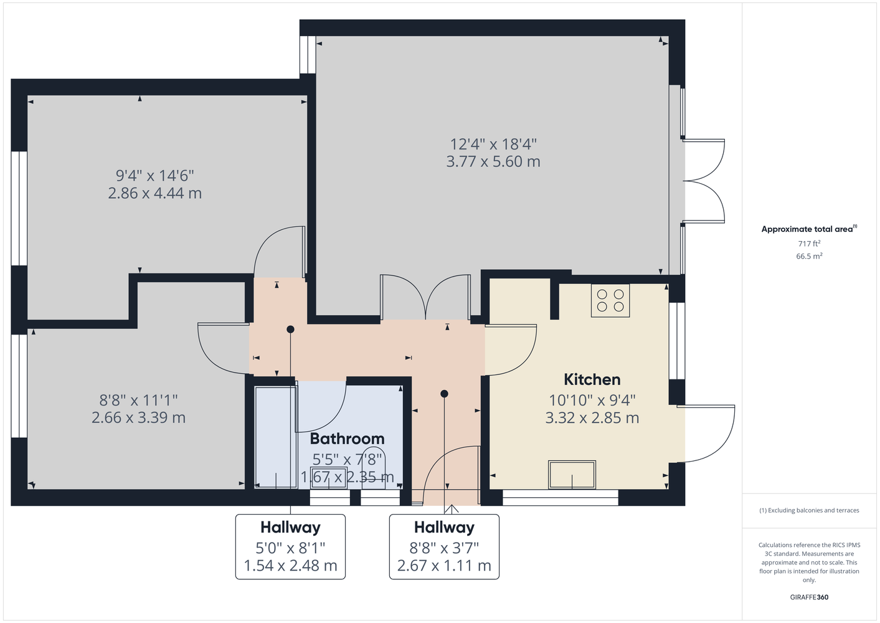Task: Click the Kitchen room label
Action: click(592, 379)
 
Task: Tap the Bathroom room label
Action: click(347, 439)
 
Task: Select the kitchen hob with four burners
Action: click(610, 301)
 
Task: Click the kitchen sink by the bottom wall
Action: click(572, 475)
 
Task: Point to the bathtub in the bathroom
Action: click(275, 437)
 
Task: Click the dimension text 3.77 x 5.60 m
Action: click(493, 161)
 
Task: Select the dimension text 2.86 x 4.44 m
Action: click(155, 193)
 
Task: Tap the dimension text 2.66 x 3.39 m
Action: click(138, 417)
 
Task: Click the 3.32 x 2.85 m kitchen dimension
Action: click(592, 418)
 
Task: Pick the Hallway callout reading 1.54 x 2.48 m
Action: click(290, 547)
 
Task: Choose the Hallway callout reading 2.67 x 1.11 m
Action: click(444, 547)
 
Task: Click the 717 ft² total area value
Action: click(809, 244)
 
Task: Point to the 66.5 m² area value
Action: click(809, 256)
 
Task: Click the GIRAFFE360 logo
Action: click(809, 597)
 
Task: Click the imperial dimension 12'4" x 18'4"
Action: click(493, 145)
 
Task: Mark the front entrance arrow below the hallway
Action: click(452, 509)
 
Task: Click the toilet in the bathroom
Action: click(373, 467)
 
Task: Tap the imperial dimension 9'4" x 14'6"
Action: click(155, 175)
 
